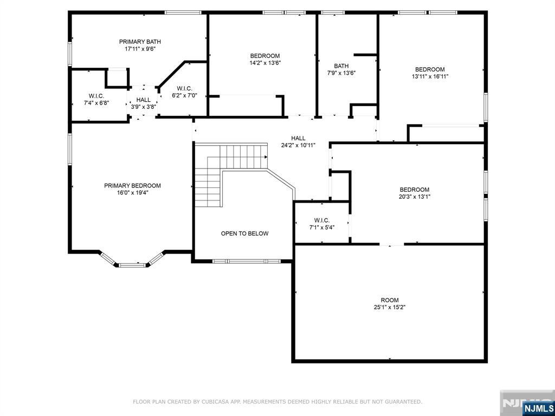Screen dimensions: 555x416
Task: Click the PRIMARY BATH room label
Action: click(140, 42)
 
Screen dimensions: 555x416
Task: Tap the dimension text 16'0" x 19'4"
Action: click(132, 192)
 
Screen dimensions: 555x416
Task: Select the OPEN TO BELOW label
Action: click(244, 233)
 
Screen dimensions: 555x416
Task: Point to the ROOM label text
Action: click(390, 300)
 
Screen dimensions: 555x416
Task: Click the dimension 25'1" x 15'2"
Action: click(389, 308)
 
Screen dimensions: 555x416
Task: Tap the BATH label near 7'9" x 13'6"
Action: click(341, 66)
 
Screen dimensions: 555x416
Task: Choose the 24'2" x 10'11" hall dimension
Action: click(299, 145)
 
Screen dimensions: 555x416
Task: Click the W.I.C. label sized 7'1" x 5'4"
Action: click(322, 220)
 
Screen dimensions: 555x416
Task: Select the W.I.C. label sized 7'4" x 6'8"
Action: click(96, 96)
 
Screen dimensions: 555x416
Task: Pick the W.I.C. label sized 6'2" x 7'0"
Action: click(184, 88)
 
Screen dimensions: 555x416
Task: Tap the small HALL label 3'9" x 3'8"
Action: click(143, 100)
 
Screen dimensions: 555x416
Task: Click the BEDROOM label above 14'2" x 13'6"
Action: click(264, 56)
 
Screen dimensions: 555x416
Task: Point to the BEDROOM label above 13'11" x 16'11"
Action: click(430, 69)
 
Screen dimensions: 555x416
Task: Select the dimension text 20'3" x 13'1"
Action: click(415, 197)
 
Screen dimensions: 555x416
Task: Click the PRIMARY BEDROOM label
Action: click(132, 186)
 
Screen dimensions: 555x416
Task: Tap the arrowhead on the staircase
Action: click(266, 157)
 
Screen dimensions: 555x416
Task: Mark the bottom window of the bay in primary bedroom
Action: click(132, 265)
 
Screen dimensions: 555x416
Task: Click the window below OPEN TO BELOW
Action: click(247, 262)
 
